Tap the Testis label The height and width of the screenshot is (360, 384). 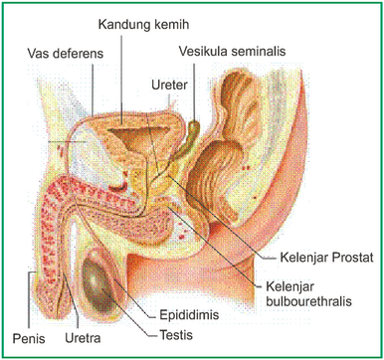click(174, 335)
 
